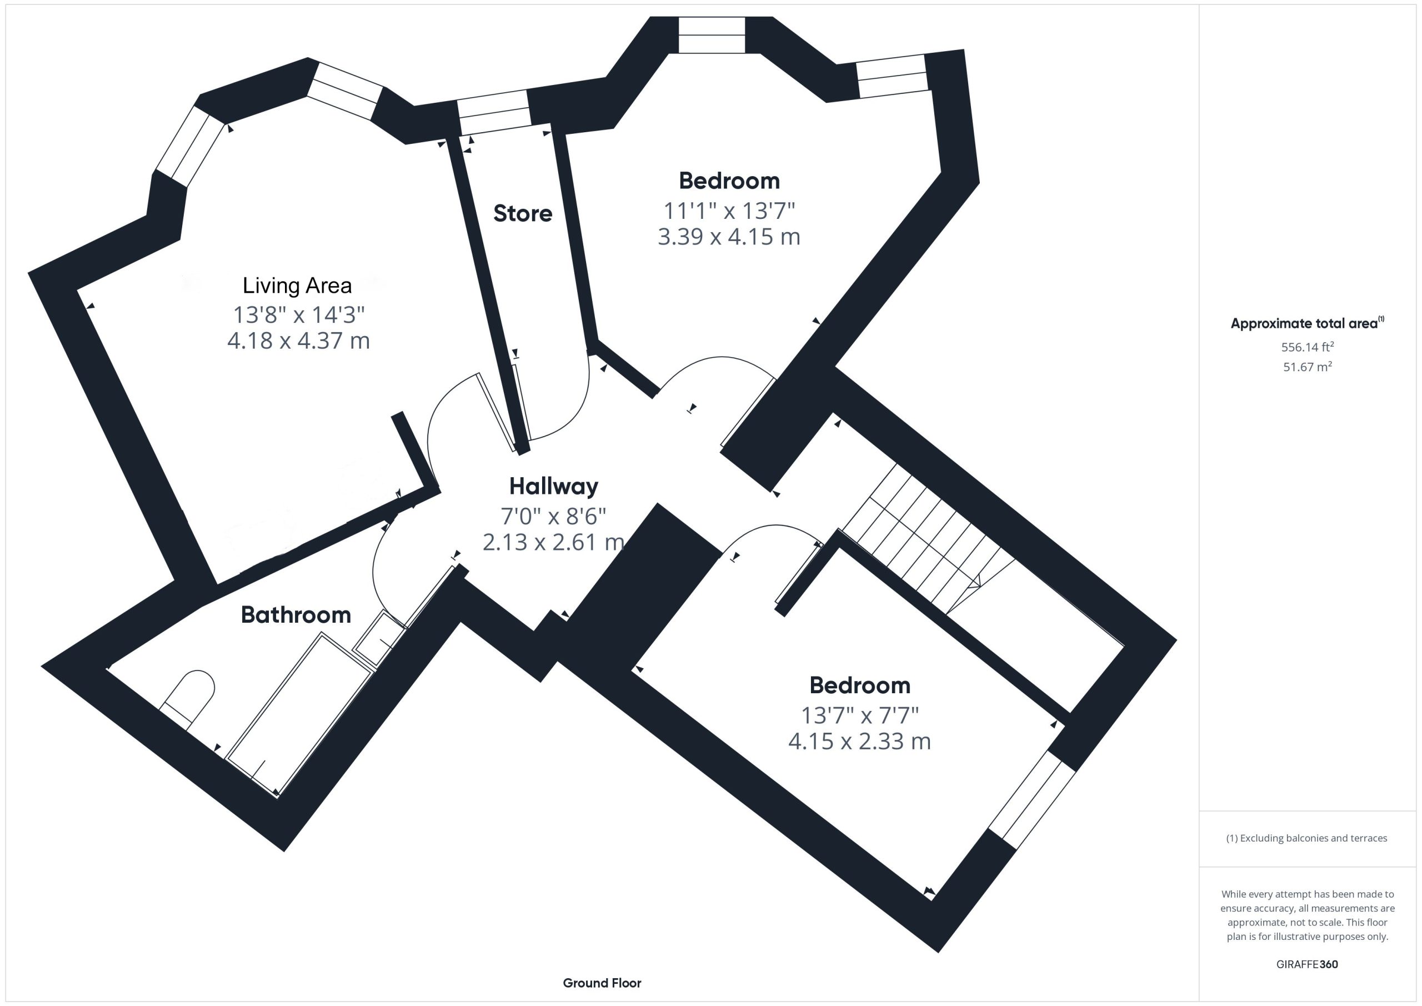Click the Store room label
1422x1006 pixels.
[x=523, y=213]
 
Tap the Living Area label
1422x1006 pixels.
[x=297, y=285]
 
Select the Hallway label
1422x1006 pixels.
[x=554, y=487]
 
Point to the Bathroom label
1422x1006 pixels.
[x=296, y=614]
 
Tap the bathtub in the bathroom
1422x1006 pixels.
[x=300, y=714]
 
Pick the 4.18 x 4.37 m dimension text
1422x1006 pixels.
[x=298, y=341]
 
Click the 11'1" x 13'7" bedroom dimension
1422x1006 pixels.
[x=729, y=211]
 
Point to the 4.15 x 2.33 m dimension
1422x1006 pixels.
[x=860, y=741]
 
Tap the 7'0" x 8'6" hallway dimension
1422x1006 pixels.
[x=554, y=515]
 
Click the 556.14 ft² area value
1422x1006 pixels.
[x=1308, y=347]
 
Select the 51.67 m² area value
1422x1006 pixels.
[x=1308, y=367]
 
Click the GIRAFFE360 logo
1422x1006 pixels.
[x=1307, y=964]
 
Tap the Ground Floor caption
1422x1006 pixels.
[x=602, y=983]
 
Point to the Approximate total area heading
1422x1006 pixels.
[x=1308, y=323]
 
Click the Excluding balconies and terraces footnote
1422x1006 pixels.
[x=1307, y=838]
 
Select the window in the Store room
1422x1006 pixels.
[x=494, y=112]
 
